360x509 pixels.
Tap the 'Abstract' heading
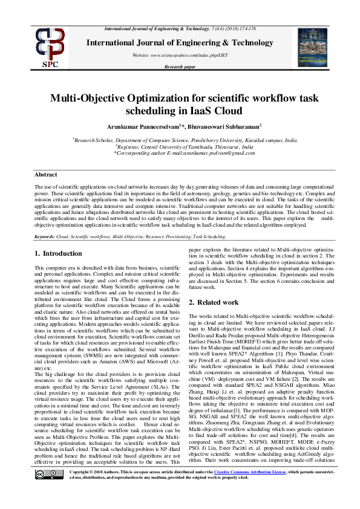tap(45, 174)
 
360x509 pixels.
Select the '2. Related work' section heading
tap(213, 302)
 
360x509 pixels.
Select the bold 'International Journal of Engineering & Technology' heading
tap(180, 42)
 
